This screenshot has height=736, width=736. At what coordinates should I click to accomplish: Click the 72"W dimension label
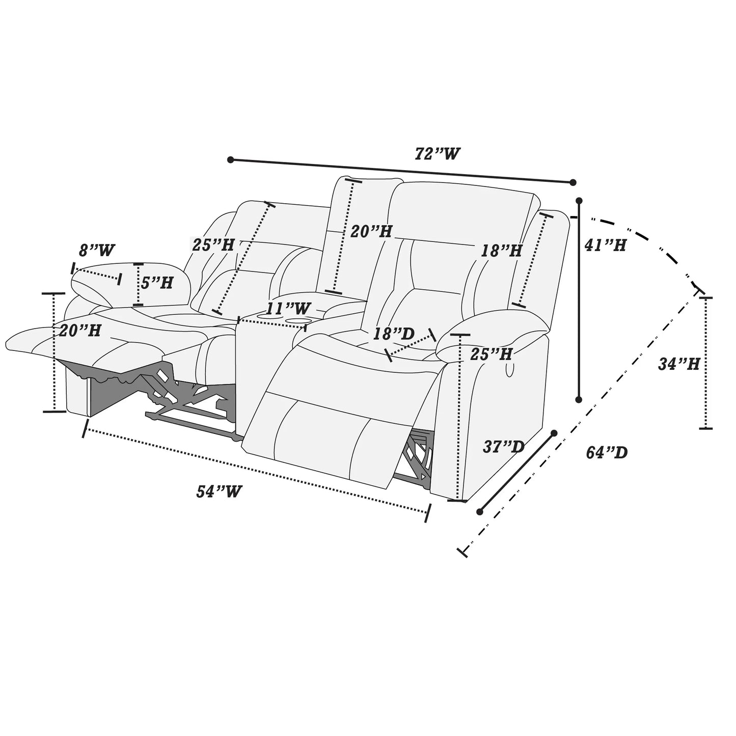pos(438,154)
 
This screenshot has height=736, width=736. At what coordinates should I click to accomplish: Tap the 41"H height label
pos(605,246)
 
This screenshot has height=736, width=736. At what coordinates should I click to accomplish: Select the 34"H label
pos(679,364)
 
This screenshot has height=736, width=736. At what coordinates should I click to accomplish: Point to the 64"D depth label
pos(607,452)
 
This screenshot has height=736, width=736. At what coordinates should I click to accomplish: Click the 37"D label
pos(503,447)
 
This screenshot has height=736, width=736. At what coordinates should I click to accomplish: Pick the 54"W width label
pos(219,492)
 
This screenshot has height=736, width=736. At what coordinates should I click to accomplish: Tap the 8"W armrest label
pos(97,251)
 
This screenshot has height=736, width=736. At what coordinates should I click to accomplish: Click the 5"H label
pos(157,283)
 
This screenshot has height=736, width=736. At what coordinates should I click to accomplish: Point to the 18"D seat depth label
pos(394,334)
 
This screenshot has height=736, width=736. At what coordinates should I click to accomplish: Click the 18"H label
pos(502,251)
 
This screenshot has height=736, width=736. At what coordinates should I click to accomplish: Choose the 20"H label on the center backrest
pos(371,232)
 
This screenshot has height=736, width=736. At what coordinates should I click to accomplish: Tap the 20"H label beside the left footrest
pos(79,331)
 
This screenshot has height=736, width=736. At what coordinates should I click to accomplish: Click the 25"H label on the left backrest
pos(213,245)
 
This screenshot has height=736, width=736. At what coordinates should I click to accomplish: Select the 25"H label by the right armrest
pos(491,354)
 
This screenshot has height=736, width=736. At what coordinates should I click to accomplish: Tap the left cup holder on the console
pos(267,316)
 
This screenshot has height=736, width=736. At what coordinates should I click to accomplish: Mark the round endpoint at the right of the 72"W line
pos(573,182)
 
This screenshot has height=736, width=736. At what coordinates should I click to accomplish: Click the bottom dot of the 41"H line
pos(579,399)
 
